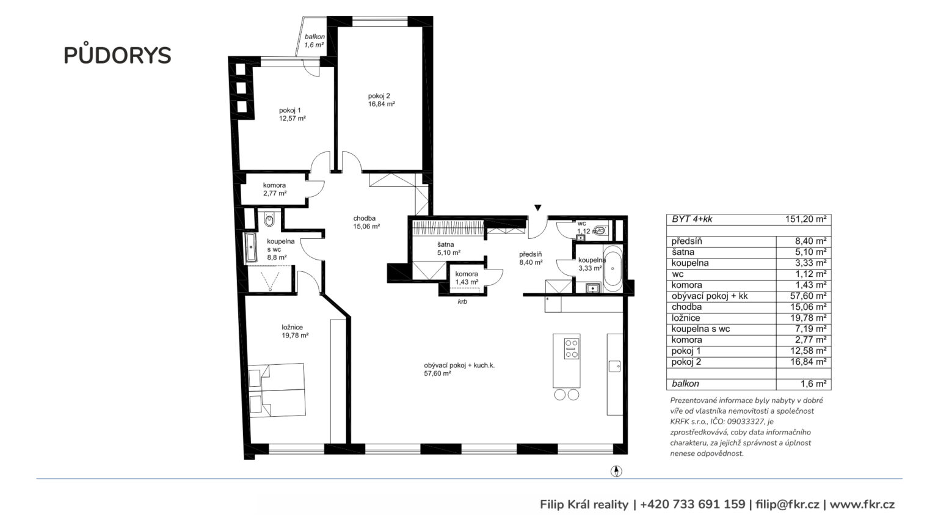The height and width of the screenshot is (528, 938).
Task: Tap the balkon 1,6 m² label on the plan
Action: pos(314,41)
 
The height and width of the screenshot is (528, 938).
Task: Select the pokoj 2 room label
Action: pos(382,100)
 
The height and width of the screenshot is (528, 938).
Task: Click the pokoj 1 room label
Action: pos(293,114)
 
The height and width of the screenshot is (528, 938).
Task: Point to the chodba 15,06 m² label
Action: pos(366,222)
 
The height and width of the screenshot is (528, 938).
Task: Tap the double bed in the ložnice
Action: pos(277,390)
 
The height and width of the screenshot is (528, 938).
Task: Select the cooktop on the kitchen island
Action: pos(572,348)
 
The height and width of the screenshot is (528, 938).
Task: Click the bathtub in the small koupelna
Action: pos(613,269)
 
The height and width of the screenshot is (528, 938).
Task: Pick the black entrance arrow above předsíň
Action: pos(538,207)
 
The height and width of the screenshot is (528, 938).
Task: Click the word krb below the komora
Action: pos(462,301)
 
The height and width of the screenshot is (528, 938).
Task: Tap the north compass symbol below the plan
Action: pos(616,471)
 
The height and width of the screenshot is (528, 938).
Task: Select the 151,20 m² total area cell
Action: pos(805,219)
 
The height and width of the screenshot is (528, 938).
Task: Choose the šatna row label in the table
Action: pos(683,252)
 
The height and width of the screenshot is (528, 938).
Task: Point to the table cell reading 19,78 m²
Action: pos(808,318)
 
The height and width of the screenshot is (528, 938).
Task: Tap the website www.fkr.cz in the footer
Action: pos(862,505)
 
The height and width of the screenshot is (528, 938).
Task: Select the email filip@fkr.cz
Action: pos(787,505)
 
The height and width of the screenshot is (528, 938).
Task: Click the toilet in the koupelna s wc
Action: pos(269,219)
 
